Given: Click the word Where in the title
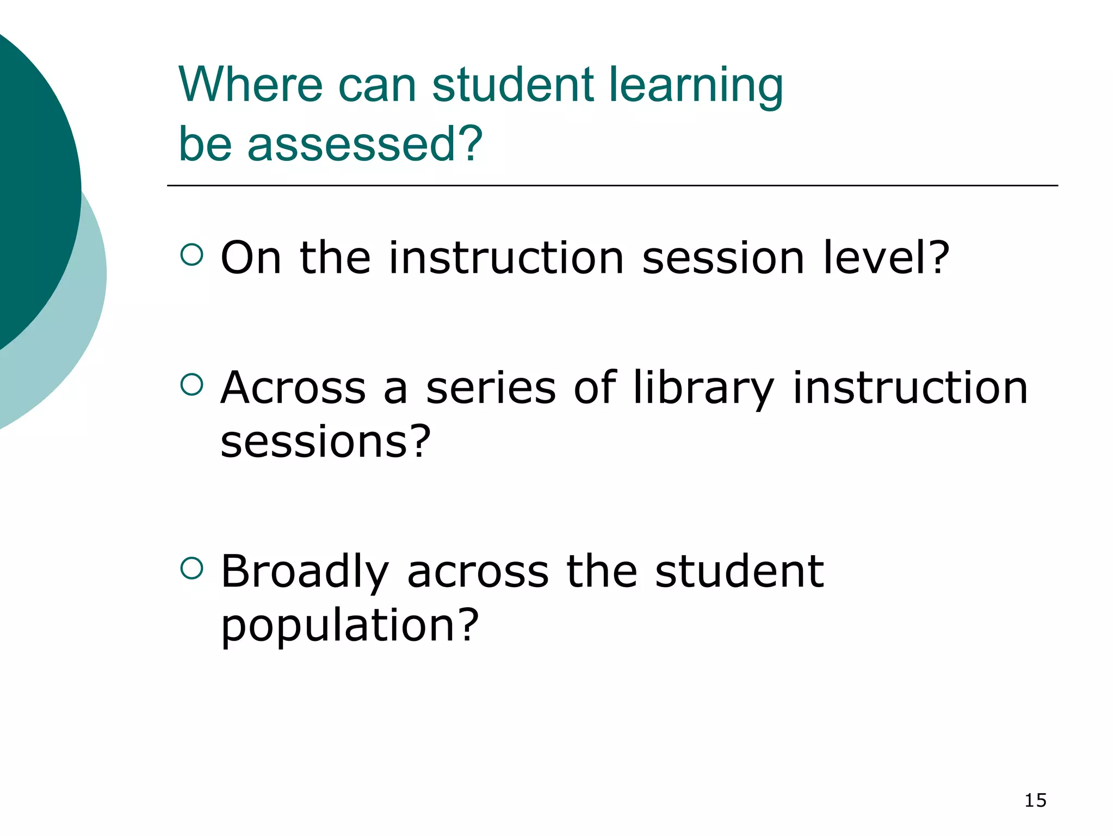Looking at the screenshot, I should tap(251, 85).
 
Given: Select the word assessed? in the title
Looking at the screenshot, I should tap(365, 144).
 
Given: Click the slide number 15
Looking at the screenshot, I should tap(1035, 800).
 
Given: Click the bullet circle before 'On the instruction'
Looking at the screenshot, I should tap(191, 254).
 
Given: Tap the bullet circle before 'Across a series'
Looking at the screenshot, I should tap(191, 384).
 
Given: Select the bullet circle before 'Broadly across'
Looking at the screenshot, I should tap(191, 568).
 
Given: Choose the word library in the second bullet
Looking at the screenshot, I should tap(703, 389).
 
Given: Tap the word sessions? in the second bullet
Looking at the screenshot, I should tap(325, 441).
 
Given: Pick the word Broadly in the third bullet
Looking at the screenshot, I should tap(305, 572).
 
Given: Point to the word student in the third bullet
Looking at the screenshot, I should tap(739, 571).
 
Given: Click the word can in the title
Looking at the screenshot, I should tap(377, 86).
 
